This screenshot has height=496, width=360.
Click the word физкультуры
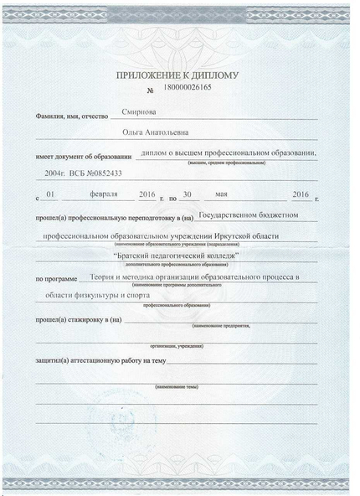(x=95, y=296)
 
